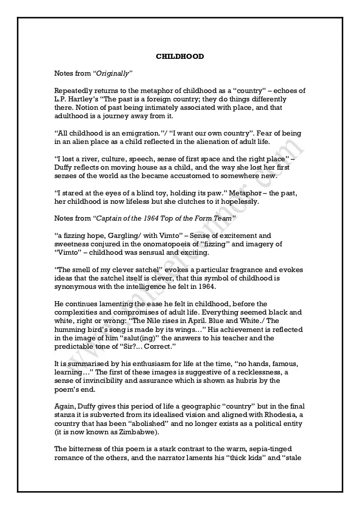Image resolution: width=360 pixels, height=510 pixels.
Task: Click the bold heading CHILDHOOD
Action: [x=180, y=56]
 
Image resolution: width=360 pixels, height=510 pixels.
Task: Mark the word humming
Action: [x=70, y=329]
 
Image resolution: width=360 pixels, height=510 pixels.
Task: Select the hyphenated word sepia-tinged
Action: [x=274, y=449]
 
